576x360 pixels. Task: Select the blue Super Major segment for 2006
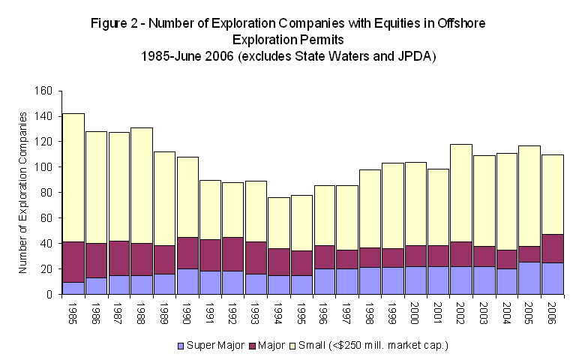point(553,278)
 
